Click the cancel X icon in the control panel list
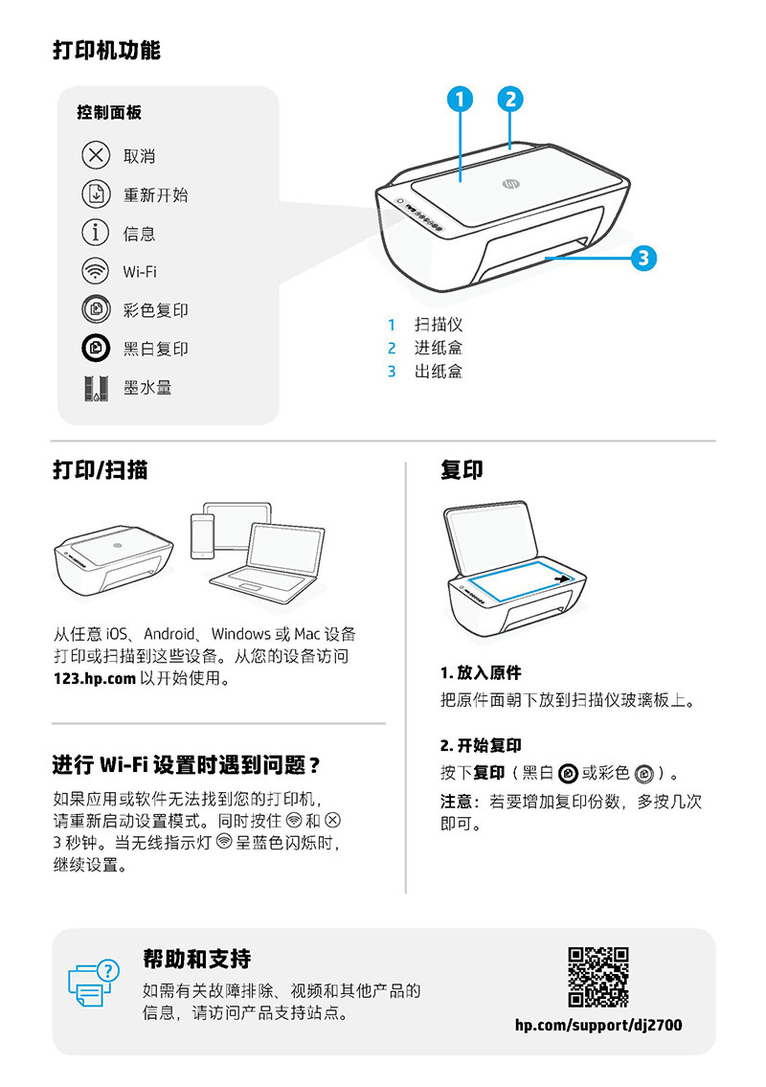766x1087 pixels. (96, 155)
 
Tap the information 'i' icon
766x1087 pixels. (96, 233)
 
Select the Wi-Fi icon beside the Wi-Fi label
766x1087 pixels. (96, 271)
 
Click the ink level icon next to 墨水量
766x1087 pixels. (96, 388)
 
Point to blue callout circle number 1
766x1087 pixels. (461, 99)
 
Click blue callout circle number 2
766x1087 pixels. (510, 99)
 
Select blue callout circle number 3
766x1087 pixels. (643, 257)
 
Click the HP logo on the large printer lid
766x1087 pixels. (508, 183)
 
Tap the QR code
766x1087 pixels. (598, 977)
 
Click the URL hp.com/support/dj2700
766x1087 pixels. (598, 1025)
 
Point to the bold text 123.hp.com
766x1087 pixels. (95, 679)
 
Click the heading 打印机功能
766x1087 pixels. (106, 51)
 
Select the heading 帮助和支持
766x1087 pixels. (196, 959)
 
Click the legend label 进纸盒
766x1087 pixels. (439, 348)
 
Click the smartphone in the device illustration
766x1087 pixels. (202, 535)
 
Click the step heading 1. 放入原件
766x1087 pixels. (481, 672)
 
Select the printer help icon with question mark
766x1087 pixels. (93, 982)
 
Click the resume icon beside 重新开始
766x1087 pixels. (96, 194)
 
